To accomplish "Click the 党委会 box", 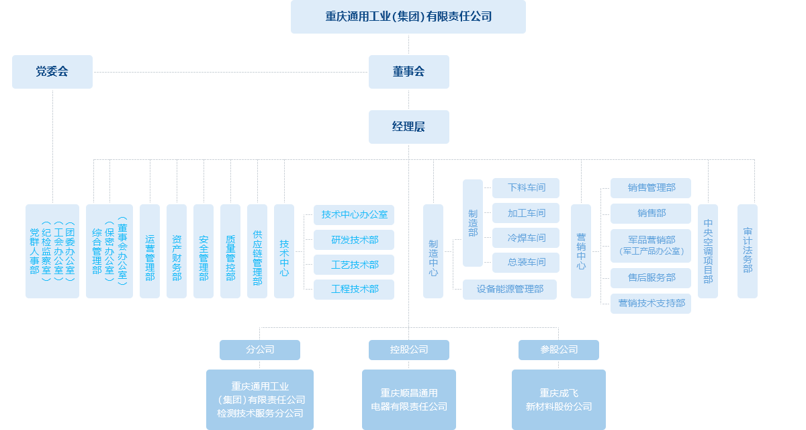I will coord(52,71).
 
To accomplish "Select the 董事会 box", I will coord(408,71).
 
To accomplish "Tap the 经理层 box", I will coord(408,126).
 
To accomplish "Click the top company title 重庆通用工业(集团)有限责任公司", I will coord(408,17).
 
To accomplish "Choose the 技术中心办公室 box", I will coord(354,215).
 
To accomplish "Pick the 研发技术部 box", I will coord(354,240).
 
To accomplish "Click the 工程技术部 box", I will coord(354,289).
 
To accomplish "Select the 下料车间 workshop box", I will coord(526,188).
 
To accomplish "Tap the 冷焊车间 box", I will coord(526,238).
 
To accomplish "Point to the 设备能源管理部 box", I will coord(510,289).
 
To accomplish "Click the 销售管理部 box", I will coord(650,188).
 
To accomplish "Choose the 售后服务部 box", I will coord(650,277).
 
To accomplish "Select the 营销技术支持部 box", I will coord(650,303).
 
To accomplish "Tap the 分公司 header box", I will coord(259,349).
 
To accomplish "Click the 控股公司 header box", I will coord(408,349).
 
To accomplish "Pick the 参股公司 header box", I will coord(558,349).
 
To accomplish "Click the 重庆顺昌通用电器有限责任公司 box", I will coord(408,399).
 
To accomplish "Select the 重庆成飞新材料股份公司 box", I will coord(558,399).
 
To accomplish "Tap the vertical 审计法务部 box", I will coord(747,251).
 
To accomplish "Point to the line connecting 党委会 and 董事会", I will coord(228,71).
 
